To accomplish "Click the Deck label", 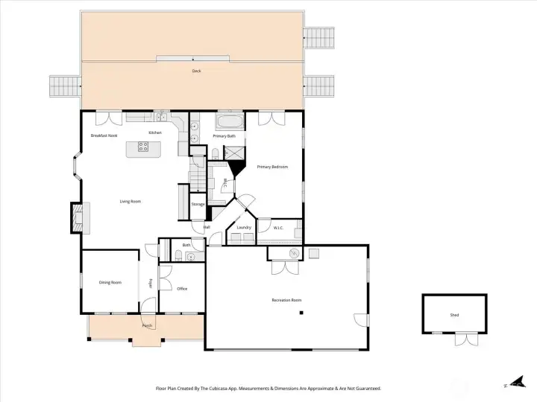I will click(x=196, y=71).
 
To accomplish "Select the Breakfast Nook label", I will click(x=104, y=135).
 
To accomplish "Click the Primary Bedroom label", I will click(x=272, y=167).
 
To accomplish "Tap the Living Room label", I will click(x=131, y=201).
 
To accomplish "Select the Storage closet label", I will click(x=198, y=204).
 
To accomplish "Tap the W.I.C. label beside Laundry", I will click(x=277, y=228).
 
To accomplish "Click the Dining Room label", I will click(x=110, y=282).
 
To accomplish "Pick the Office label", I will click(x=182, y=289).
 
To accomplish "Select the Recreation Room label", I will click(x=286, y=300).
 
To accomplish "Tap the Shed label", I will click(x=454, y=315).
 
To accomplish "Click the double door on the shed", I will click(x=465, y=339).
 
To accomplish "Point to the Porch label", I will click(x=148, y=326).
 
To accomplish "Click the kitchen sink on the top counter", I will click(x=160, y=116).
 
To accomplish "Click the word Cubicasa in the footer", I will click(x=235, y=388).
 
